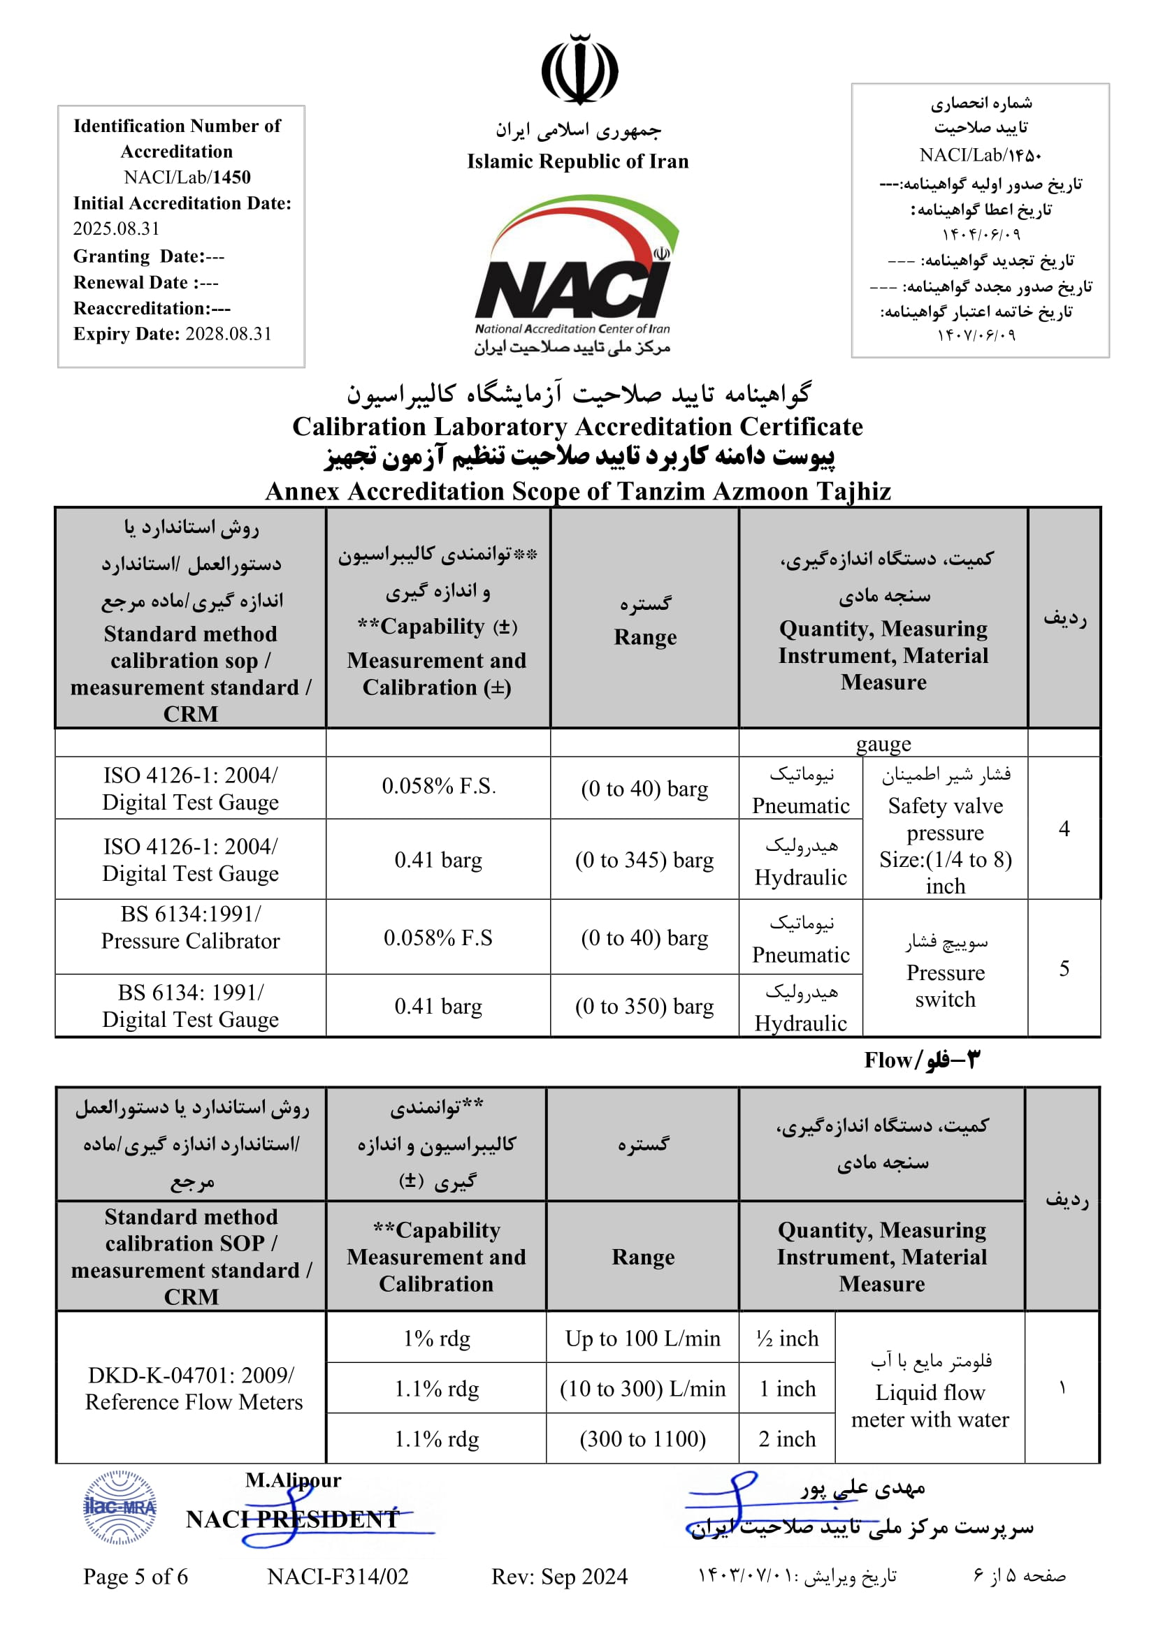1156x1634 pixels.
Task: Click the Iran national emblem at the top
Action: [579, 70]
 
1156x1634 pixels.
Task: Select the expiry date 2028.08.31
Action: [229, 334]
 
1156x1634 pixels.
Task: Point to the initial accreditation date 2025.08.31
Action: [116, 228]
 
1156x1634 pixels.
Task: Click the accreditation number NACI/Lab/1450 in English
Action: [187, 177]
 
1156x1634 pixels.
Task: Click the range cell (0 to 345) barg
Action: [644, 860]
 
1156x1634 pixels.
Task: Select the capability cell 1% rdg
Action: [436, 1338]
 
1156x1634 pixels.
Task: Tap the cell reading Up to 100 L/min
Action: [643, 1338]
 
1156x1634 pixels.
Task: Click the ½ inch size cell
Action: [787, 1338]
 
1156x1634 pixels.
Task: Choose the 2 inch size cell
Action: [787, 1439]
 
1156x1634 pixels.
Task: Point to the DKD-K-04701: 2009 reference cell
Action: [192, 1388]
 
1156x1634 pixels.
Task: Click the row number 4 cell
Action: [1064, 829]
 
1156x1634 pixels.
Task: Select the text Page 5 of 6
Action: [136, 1576]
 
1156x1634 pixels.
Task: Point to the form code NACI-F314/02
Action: [338, 1576]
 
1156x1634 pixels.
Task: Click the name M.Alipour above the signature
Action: [294, 1480]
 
